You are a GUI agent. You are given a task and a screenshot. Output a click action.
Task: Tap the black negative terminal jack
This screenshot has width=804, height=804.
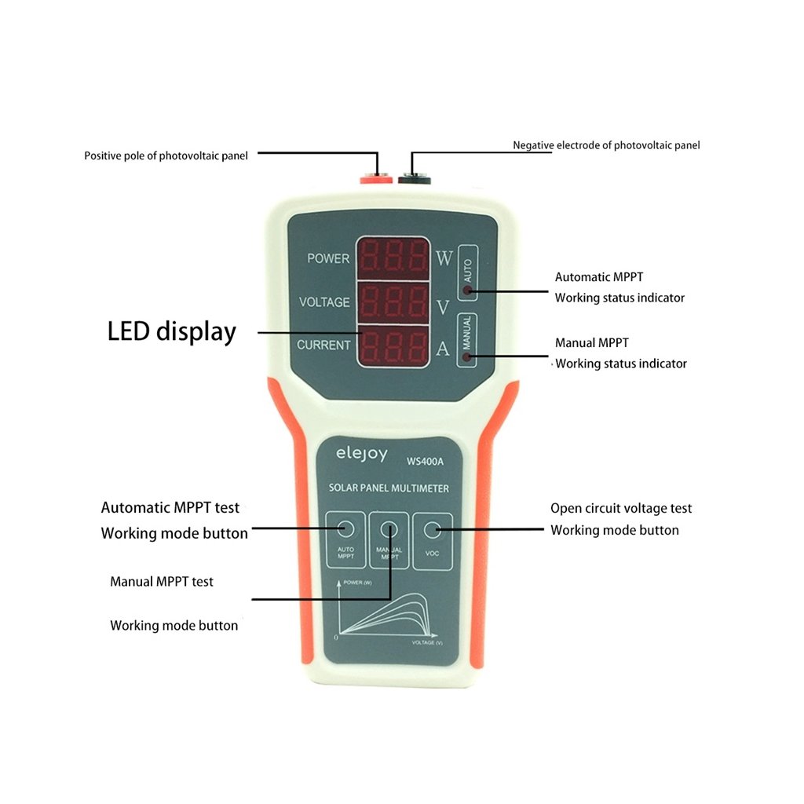click(x=414, y=179)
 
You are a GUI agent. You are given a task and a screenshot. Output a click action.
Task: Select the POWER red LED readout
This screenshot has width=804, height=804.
click(x=393, y=258)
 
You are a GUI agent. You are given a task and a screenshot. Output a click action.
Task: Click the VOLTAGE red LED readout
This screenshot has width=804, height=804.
click(x=393, y=301)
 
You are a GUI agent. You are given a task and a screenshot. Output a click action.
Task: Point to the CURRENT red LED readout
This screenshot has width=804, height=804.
click(x=393, y=344)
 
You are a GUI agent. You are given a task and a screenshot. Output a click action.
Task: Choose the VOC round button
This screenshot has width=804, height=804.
click(x=431, y=530)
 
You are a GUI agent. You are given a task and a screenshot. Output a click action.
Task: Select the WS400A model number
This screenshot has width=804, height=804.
click(x=425, y=461)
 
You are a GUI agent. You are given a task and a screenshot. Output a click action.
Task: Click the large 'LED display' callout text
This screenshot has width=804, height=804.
click(x=171, y=331)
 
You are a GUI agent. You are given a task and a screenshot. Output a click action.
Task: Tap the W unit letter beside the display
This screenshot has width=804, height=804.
click(x=444, y=259)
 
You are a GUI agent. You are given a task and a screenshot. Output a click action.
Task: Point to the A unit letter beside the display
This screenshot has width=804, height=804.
click(x=442, y=349)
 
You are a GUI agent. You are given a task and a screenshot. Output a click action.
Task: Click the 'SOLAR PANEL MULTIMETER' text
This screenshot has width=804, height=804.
click(x=389, y=488)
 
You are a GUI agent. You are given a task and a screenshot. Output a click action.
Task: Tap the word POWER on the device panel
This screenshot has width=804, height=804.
click(x=328, y=258)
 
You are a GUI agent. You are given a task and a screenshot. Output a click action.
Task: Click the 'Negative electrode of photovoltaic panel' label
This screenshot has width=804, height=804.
click(x=606, y=145)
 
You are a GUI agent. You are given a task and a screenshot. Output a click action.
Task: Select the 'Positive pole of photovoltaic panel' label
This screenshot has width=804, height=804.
click(x=166, y=155)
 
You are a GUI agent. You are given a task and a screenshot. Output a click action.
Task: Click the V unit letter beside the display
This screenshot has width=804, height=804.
click(x=443, y=307)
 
